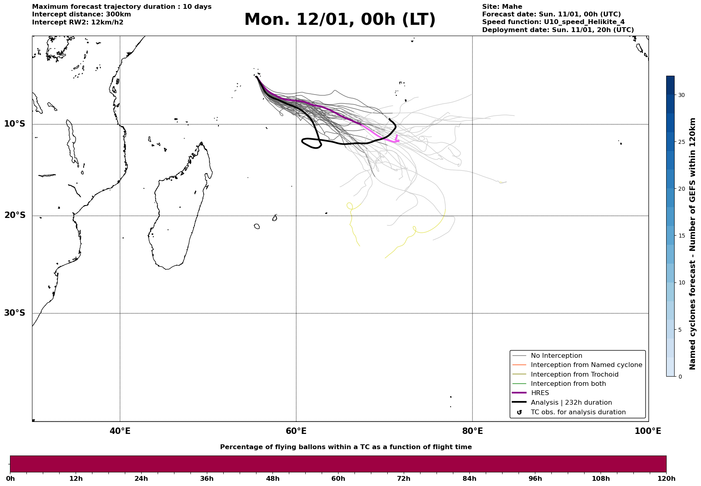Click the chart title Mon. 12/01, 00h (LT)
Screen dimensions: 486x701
[340, 20]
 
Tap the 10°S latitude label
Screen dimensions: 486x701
[15, 124]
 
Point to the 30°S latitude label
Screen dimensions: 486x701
[15, 313]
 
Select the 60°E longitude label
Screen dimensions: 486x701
[296, 432]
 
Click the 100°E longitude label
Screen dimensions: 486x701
[648, 432]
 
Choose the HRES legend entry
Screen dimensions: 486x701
[540, 393]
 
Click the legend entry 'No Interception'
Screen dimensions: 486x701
[556, 356]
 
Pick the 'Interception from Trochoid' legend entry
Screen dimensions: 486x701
[574, 375]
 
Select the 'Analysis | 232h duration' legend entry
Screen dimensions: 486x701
[571, 403]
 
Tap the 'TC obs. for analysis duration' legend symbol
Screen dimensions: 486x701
[519, 412]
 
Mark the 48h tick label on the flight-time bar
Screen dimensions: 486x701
[272, 479]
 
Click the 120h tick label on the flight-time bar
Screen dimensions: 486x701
[666, 479]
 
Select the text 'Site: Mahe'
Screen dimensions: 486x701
[502, 7]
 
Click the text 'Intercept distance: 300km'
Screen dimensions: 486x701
[81, 14]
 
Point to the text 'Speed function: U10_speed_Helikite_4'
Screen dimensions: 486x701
[553, 22]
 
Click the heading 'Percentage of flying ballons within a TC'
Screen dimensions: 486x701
[346, 447]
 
